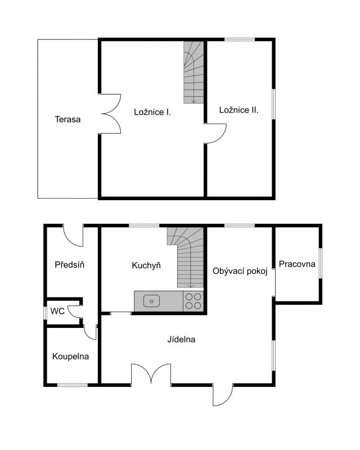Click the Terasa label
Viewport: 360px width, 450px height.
pos(67,119)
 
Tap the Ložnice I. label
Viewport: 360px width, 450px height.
pos(152,111)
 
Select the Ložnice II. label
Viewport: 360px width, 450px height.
pos(238,110)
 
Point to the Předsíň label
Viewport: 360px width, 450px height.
pos(70,264)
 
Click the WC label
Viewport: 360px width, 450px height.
pos(57,311)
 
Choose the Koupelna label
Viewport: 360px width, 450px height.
pos(70,357)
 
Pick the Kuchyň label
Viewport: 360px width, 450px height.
pos(146,265)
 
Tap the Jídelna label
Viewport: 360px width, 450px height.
pos(181,339)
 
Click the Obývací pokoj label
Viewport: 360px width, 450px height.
pos(240,271)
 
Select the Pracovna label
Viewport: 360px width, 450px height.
pos(297,264)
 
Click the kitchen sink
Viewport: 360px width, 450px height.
pos(151,301)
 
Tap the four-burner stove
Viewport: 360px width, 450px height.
pos(193,301)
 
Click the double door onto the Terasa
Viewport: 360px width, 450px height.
pos(111,114)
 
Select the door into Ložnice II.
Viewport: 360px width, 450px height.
pos(215,133)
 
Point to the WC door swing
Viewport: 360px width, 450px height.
pos(75,312)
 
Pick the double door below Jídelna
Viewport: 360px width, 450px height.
pos(151,373)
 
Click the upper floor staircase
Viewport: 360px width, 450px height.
pos(193,73)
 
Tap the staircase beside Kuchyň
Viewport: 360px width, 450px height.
pos(186,258)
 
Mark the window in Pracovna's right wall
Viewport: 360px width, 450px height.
pos(321,263)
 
